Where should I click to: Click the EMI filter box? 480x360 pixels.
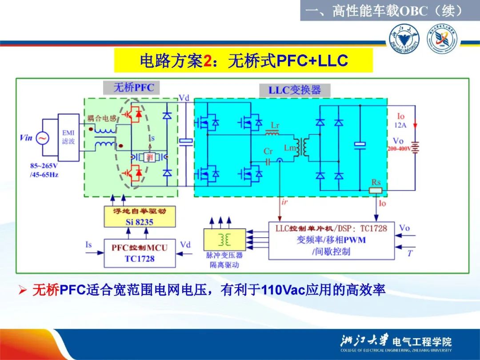[x=69, y=137]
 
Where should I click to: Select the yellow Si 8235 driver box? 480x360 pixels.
[x=139, y=216]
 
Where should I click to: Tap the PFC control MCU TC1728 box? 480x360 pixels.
[x=139, y=253]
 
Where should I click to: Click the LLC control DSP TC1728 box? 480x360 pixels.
[x=331, y=240]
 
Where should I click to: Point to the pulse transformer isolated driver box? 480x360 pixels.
[x=224, y=240]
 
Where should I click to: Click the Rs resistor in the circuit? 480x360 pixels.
[x=376, y=190]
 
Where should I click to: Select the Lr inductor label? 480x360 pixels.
[x=275, y=126]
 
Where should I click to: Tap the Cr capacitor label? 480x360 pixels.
[x=268, y=152]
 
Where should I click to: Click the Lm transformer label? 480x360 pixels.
[x=290, y=148]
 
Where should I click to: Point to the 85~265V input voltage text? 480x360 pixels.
[x=44, y=166]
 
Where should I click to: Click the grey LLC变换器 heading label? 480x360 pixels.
[x=294, y=90]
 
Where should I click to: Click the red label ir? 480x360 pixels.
[x=284, y=202]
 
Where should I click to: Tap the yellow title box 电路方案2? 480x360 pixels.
[x=243, y=61]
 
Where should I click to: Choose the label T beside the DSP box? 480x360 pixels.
[x=409, y=253]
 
